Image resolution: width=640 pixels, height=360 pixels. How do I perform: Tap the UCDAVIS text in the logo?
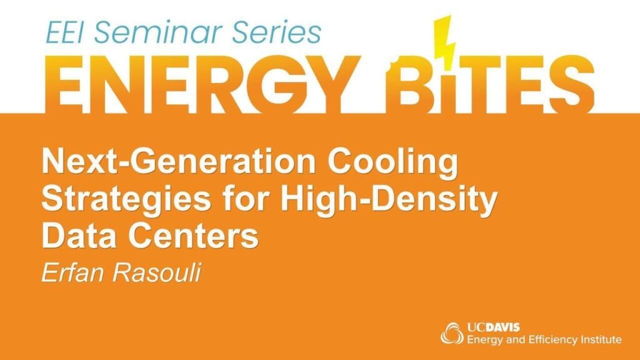[494, 327]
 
